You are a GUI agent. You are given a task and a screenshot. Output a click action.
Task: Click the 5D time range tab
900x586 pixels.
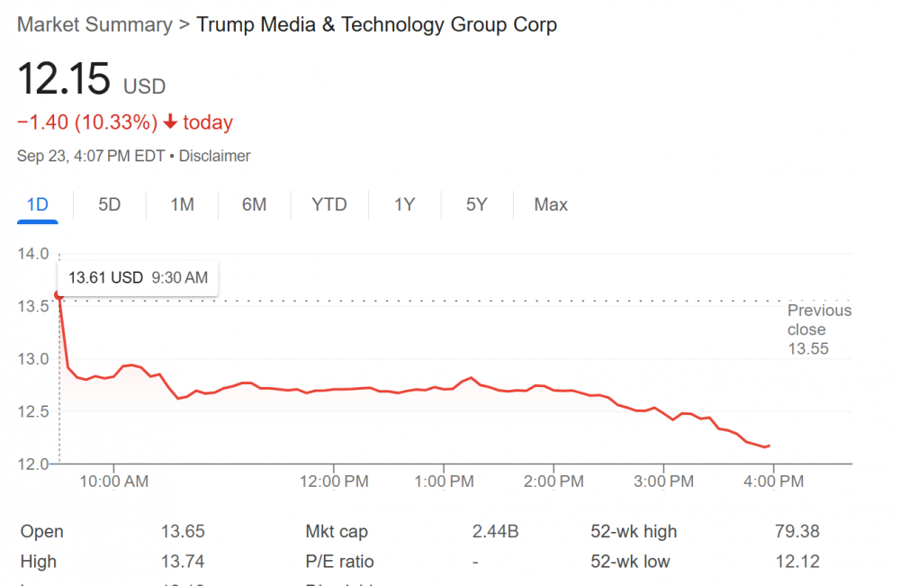pos(109,204)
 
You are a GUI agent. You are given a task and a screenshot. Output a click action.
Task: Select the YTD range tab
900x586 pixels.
pos(328,204)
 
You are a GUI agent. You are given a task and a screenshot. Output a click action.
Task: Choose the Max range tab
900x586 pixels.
pos(551,204)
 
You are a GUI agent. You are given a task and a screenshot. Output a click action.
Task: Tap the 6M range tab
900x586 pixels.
pos(254,204)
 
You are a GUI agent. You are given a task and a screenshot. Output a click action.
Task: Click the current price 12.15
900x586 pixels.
pos(64,81)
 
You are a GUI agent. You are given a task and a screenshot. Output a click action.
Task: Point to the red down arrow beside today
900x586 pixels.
pos(170,122)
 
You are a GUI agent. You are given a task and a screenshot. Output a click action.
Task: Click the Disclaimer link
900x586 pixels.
pos(214,156)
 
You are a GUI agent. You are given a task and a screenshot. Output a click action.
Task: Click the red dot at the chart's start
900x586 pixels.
pos(59,294)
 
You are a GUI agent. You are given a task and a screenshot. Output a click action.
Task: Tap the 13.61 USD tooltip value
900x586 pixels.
pos(105,277)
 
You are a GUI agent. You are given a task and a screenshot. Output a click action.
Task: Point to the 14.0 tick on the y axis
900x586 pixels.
pos(32,254)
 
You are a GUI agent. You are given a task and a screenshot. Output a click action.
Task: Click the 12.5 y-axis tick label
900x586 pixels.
pos(32,411)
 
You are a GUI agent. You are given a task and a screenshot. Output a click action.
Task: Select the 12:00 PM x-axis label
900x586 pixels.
pos(333,482)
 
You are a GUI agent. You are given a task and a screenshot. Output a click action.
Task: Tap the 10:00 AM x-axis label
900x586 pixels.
pos(114,482)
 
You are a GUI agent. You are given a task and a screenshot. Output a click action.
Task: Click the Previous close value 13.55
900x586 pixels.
pos(807,349)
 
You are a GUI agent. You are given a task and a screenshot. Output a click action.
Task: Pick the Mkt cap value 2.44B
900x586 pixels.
pos(495,532)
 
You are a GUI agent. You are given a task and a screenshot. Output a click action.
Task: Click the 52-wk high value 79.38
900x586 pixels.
pos(796,532)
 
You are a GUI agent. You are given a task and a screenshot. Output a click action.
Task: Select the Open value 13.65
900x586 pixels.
pos(182,532)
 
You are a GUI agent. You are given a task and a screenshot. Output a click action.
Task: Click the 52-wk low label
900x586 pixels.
pos(630,562)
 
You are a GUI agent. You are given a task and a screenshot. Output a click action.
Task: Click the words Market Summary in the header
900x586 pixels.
pos(94,24)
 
